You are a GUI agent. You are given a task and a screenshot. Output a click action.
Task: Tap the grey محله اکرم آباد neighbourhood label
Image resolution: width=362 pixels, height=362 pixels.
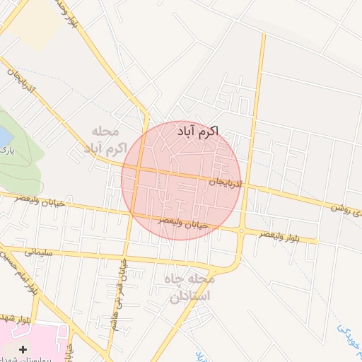pyautogui.click(x=105, y=140)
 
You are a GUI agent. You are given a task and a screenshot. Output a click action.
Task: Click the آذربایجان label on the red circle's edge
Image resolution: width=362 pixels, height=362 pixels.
pyautogui.click(x=226, y=184)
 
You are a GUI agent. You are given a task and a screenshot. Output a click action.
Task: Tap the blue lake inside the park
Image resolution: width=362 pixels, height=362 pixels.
pyautogui.click(x=4, y=134)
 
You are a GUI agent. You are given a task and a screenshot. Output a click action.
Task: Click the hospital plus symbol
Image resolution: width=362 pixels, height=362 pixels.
pyautogui.click(x=24, y=349)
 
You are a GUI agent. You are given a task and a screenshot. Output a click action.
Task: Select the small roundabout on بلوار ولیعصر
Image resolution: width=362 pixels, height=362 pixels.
pyautogui.click(x=241, y=230)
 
